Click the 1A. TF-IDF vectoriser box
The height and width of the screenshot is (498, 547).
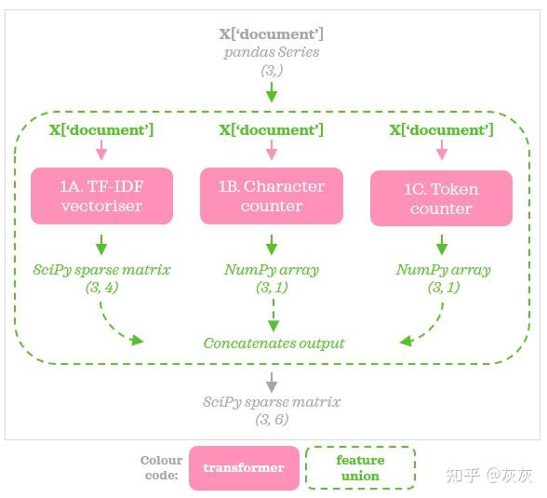pyautogui.click(x=101, y=196)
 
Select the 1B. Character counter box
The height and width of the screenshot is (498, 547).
pyautogui.click(x=272, y=196)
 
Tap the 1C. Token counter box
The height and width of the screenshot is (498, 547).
pyautogui.click(x=441, y=198)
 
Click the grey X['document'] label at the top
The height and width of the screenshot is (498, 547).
pyautogui.click(x=272, y=34)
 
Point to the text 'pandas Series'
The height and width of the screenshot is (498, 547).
pyautogui.click(x=272, y=52)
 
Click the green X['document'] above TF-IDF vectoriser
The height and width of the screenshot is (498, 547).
pyautogui.click(x=101, y=130)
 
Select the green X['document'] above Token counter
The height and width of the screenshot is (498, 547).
pyautogui.click(x=441, y=130)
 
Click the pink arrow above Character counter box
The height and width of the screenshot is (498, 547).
pyautogui.click(x=272, y=151)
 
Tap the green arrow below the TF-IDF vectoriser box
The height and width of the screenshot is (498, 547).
pyautogui.click(x=101, y=245)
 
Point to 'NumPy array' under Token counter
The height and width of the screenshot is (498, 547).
pyautogui.click(x=441, y=270)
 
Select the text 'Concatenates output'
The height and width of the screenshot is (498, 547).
pyautogui.click(x=273, y=343)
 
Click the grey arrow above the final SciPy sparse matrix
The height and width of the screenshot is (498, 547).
pyautogui.click(x=272, y=380)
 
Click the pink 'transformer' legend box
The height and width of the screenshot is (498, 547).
pyautogui.click(x=244, y=467)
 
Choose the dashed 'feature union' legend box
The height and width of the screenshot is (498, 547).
pyautogui.click(x=360, y=467)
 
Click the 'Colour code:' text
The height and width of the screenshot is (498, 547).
pyautogui.click(x=161, y=467)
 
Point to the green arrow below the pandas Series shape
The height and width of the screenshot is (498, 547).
pyautogui.click(x=272, y=91)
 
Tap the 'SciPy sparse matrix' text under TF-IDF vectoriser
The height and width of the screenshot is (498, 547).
pyautogui.click(x=101, y=270)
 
